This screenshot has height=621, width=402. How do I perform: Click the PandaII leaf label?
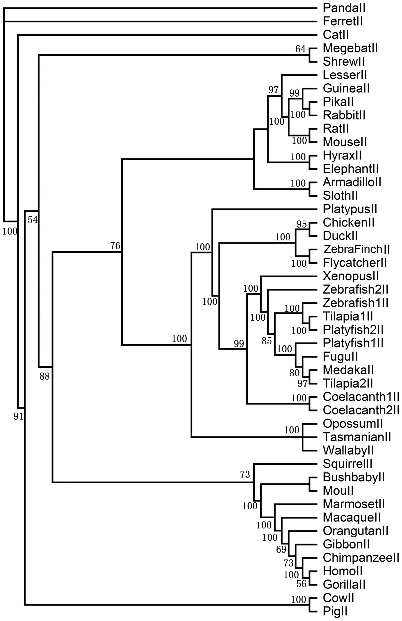tap(344, 8)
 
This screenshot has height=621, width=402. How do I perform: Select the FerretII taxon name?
tap(342, 21)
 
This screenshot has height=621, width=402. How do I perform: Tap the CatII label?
tap(336, 35)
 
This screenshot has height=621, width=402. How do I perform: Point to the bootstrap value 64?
tap(300, 49)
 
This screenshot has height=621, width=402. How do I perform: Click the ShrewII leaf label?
tap(343, 62)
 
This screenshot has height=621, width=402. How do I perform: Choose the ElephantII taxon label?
tap(350, 169)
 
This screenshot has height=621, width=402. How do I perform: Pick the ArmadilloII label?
tap(352, 182)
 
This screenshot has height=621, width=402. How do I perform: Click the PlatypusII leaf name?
tap(350, 209)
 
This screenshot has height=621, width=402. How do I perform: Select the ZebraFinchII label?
tap(356, 249)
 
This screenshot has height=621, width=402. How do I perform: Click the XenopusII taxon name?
tap(350, 276)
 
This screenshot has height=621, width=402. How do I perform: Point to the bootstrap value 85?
tap(267, 341)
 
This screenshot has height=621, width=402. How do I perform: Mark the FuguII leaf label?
tap(340, 357)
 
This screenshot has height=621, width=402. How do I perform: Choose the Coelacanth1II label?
tap(361, 397)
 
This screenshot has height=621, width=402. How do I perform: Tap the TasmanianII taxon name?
tap(357, 437)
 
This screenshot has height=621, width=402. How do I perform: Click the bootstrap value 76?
tap(115, 246)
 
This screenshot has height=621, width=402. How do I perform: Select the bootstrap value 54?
tap(33, 220)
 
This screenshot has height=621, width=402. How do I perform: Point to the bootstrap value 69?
tap(281, 550)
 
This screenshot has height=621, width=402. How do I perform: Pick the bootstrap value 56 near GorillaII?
tap(301, 584)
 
